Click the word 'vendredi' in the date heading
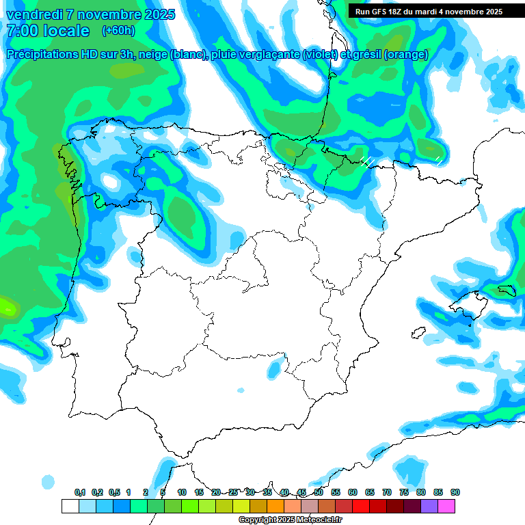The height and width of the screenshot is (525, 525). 32,14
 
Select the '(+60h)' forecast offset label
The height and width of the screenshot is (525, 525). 118,31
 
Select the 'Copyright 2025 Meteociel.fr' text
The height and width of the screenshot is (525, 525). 290,520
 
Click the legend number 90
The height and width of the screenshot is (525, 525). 455,492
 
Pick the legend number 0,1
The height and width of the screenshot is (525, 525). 80,492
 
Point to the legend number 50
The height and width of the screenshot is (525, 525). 319,492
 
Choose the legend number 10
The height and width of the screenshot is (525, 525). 182,492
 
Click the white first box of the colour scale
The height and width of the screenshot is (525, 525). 70,506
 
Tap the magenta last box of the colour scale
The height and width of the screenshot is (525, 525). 446,506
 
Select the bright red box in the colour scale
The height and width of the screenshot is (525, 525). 361,506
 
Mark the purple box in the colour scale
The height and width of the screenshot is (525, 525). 429,506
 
